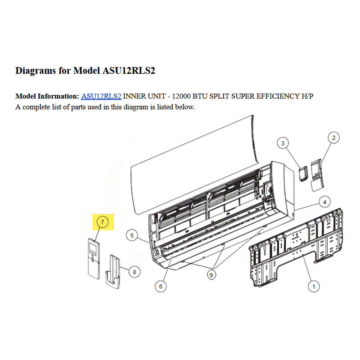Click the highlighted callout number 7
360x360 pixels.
click(103, 222)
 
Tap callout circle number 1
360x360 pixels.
click(314, 286)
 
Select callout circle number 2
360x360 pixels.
click(333, 138)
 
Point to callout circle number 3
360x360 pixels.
click(283, 143)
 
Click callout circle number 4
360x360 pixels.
click(324, 202)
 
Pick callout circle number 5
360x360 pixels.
click(132, 235)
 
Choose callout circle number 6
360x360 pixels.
click(161, 286)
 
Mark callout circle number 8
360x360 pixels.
click(134, 272)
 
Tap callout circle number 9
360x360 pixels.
click(211, 275)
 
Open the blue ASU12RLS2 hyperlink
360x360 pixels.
click(101, 96)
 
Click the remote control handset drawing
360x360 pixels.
click(94, 259)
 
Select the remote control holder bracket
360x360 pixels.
click(113, 272)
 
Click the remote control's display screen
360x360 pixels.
click(93, 247)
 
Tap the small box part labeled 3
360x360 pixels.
click(304, 174)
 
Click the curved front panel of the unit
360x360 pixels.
click(195, 165)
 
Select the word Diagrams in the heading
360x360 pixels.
click(36, 71)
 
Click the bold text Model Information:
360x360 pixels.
click(47, 96)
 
